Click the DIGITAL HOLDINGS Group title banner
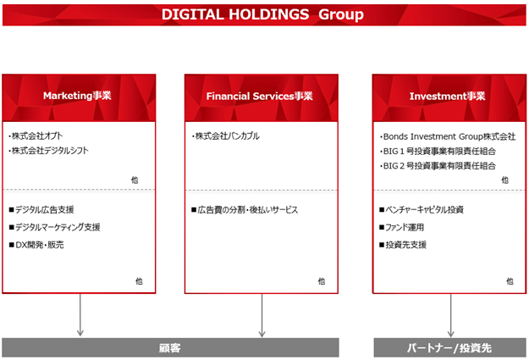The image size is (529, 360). coord(264,15)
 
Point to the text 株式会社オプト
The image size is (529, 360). coord(36,136)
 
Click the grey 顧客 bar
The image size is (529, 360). coord(170,347)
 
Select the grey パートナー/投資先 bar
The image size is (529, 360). coord(449,347)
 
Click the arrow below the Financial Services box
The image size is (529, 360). coord(262,315)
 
